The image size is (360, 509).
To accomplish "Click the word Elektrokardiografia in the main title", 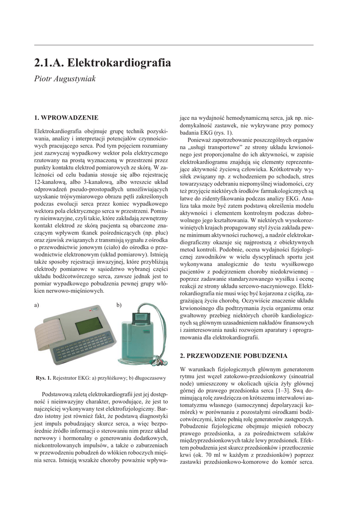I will [119, 63].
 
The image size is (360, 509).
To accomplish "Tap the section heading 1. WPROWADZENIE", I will [66, 118].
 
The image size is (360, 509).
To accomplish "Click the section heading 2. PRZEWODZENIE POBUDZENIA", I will [233, 356].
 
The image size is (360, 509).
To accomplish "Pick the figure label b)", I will [119, 305].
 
